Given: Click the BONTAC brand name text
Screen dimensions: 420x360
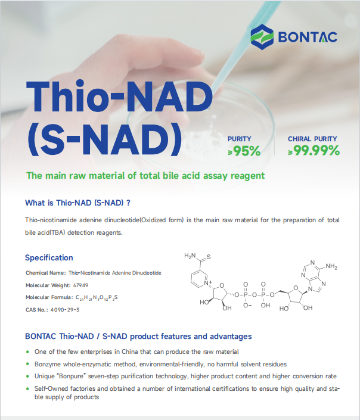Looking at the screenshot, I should pyautogui.click(x=307, y=37).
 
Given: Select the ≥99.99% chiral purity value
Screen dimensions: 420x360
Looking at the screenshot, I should pyautogui.click(x=314, y=151).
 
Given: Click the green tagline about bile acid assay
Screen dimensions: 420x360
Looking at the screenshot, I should pyautogui.click(x=145, y=176).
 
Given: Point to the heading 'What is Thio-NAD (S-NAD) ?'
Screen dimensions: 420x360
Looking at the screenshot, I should pyautogui.click(x=77, y=203).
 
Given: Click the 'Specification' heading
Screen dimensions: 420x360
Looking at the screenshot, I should pyautogui.click(x=49, y=258).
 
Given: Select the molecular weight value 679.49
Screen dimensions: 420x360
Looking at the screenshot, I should pyautogui.click(x=81, y=285).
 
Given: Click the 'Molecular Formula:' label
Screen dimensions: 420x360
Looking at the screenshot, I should pyautogui.click(x=49, y=297).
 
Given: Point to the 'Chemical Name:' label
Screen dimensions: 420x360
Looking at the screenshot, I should pyautogui.click(x=45, y=273).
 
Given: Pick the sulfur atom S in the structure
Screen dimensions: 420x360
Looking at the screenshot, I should pyautogui.click(x=225, y=257).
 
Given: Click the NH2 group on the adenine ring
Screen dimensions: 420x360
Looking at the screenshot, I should pyautogui.click(x=331, y=266).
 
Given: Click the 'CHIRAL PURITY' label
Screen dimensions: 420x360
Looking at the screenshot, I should pyautogui.click(x=313, y=139).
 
